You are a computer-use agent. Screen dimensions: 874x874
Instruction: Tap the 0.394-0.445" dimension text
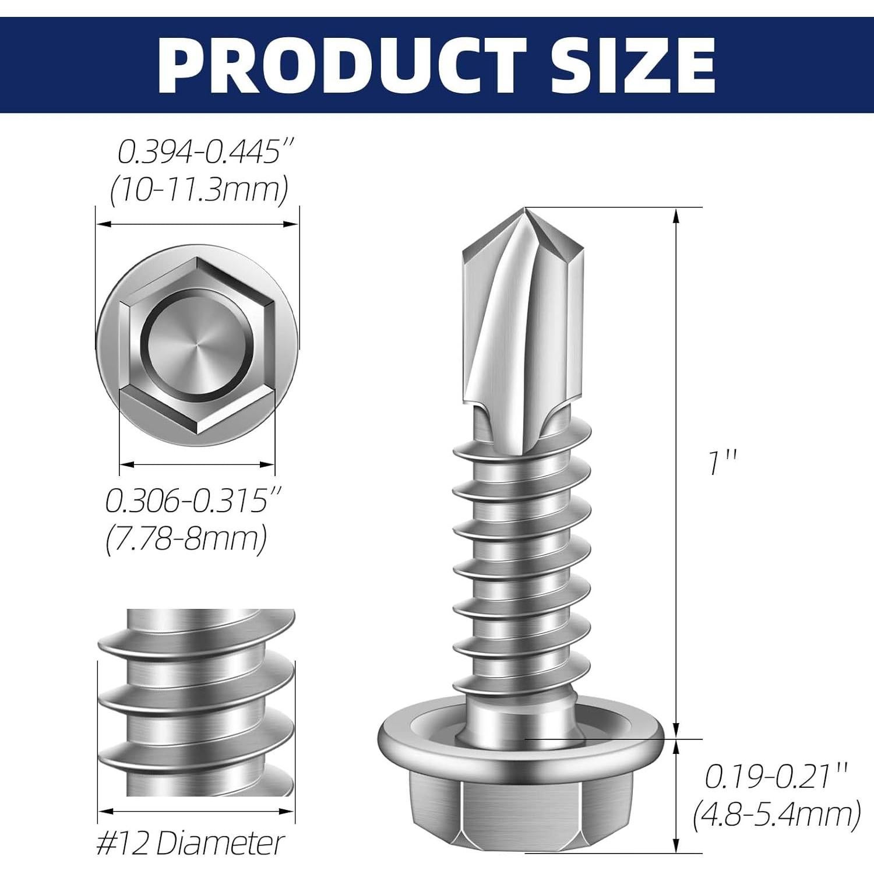(x=205, y=153)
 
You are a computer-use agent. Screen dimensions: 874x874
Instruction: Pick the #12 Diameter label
(x=190, y=843)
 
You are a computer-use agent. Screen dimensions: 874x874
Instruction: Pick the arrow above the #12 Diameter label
(x=195, y=810)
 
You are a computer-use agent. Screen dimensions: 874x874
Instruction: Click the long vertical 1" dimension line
(x=676, y=472)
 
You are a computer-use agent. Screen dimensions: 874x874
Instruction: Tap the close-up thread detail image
(x=197, y=702)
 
